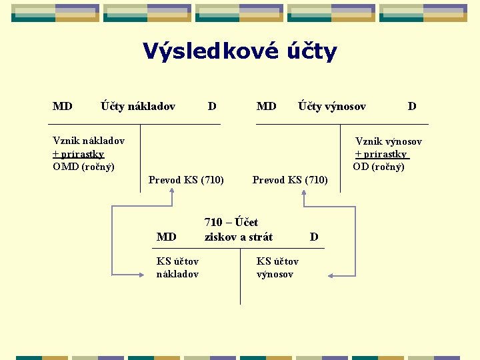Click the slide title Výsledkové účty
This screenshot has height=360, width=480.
point(240,51)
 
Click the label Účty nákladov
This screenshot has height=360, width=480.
point(138,106)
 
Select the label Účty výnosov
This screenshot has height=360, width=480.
point(331,106)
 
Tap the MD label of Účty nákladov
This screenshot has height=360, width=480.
point(63,106)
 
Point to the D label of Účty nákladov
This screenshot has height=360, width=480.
point(211,106)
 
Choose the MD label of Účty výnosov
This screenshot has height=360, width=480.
point(266,106)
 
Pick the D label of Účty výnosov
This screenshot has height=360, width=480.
point(412,106)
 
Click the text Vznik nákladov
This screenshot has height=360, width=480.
point(89,141)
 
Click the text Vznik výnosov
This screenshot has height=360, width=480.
point(388,141)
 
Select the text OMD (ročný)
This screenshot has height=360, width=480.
point(83,166)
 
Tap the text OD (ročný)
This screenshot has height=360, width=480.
point(379,167)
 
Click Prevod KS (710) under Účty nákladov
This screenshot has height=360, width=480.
point(186,180)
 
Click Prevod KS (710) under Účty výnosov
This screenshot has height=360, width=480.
point(290,180)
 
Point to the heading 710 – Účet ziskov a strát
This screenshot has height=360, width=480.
point(238,229)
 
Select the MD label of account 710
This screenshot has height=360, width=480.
point(166,237)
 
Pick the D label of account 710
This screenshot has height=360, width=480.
point(314,237)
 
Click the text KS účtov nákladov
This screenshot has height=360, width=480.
point(177,267)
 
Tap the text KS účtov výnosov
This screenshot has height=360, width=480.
point(277,267)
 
